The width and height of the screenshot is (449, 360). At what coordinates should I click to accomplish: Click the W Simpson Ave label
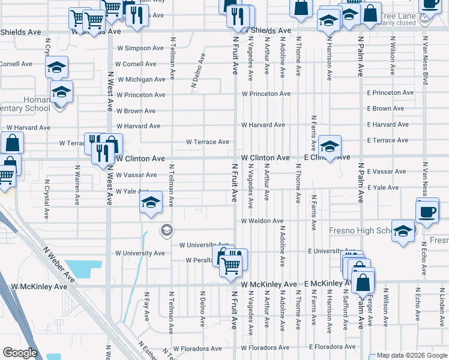[x=140, y=48]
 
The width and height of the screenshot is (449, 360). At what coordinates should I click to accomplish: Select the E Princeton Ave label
[x=390, y=93]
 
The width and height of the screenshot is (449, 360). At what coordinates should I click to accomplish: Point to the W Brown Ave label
[x=136, y=111]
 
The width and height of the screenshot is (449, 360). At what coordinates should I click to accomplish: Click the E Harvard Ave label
[x=388, y=125]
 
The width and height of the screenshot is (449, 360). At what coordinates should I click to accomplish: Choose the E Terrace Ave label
[x=388, y=140]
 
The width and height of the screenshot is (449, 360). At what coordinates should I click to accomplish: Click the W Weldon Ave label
[x=262, y=221]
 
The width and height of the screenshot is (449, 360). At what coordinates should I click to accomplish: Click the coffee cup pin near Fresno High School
[x=427, y=212]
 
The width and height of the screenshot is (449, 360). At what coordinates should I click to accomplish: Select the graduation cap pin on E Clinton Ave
[x=329, y=146]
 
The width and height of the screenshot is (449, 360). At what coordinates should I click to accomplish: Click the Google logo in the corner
[x=20, y=353]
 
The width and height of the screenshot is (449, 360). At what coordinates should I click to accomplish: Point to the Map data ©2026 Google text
[x=407, y=356]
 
